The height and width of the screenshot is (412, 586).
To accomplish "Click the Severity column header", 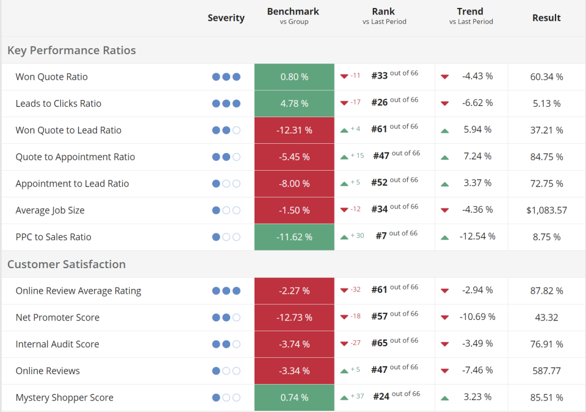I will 226,18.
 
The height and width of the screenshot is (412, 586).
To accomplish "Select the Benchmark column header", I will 293,12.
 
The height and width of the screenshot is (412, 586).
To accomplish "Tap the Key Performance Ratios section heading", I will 71,50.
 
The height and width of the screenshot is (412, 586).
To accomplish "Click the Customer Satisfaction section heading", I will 67,264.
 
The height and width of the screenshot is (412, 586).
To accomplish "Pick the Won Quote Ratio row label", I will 51,77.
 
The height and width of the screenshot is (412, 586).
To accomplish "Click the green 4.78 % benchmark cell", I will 294,104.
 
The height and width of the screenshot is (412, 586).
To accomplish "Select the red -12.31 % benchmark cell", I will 294,130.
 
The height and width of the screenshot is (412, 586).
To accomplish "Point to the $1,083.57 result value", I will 546,210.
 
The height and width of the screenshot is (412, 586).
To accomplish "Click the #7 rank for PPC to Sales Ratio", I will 379,236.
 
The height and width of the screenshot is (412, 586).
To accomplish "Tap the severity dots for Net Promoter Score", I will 226,318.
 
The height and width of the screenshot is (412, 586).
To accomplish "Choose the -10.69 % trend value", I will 477,317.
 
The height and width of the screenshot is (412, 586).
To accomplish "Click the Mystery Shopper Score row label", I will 64,397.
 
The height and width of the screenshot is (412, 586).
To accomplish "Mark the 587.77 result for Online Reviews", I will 546,371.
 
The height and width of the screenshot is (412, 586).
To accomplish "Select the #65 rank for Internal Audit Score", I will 379,343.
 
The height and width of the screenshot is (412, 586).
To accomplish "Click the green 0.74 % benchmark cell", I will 294,397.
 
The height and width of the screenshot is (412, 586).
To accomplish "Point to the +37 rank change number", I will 357,397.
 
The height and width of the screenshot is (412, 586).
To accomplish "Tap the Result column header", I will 546,18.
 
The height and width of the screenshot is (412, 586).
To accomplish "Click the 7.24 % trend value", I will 477,157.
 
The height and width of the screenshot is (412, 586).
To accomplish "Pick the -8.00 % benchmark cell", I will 294,183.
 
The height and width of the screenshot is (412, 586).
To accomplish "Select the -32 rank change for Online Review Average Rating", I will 355,290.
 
